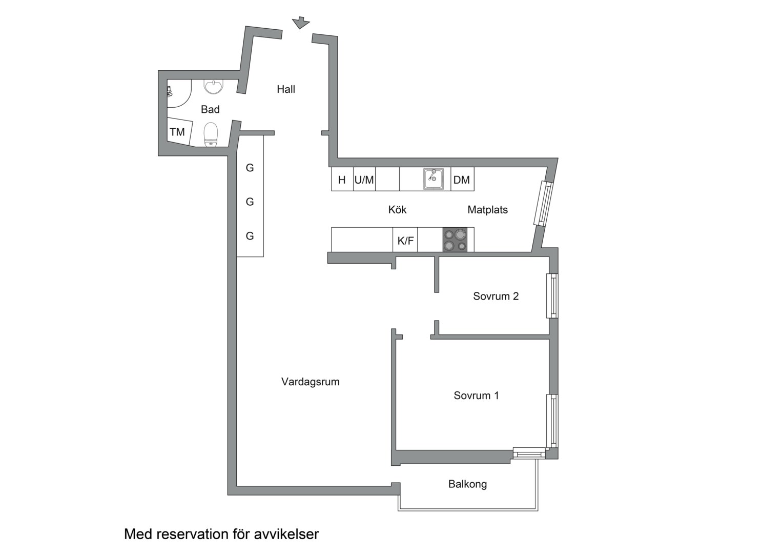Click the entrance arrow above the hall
pos(301,23)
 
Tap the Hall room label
pos(286,89)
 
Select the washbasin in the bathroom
pos(213,87)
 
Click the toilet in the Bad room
pos(211,134)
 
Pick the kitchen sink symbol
pos(434,179)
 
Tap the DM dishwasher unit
pos(462,180)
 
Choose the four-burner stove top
pos(455,240)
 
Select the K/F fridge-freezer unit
pos(405,240)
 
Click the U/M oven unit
pos(364,180)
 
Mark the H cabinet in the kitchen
pos(342,180)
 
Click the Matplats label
pos(487,209)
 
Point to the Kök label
pos(397,209)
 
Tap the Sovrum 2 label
pos(496,296)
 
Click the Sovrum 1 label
pos(476,395)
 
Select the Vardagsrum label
pos(310,382)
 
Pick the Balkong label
pos(467,484)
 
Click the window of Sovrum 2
pos(552,296)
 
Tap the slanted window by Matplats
pos(544,204)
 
